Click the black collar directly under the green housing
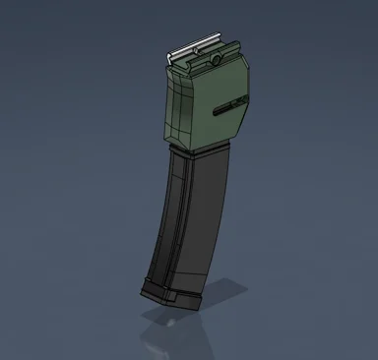pyautogui.click(x=202, y=153)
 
